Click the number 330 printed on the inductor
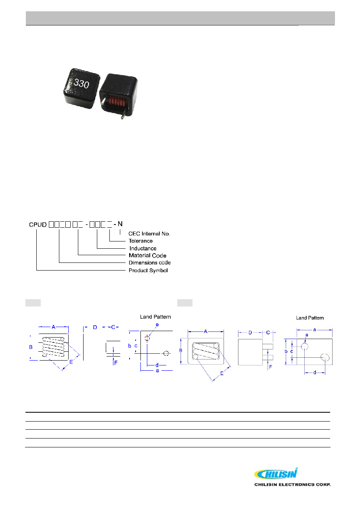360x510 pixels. click(x=81, y=83)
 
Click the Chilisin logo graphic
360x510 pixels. click(x=276, y=474)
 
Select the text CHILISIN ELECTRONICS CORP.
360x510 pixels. click(x=292, y=485)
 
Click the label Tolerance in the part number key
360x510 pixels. click(x=140, y=241)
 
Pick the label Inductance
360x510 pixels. click(x=143, y=248)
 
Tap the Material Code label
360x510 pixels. click(x=147, y=256)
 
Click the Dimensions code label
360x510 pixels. click(x=149, y=262)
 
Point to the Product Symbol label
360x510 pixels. click(x=148, y=271)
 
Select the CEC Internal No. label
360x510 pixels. click(x=149, y=233)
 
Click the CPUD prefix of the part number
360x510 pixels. click(x=38, y=225)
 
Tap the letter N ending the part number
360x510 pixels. click(x=120, y=224)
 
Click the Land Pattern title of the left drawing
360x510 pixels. click(x=155, y=317)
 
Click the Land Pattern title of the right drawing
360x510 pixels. click(x=310, y=318)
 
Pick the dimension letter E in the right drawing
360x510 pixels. click(x=222, y=374)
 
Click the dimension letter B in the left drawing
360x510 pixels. click(x=31, y=347)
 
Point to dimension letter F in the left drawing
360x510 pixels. click(x=116, y=363)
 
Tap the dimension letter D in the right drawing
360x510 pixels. click(x=250, y=333)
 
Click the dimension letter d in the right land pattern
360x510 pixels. click(x=315, y=373)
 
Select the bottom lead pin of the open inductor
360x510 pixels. click(x=123, y=115)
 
